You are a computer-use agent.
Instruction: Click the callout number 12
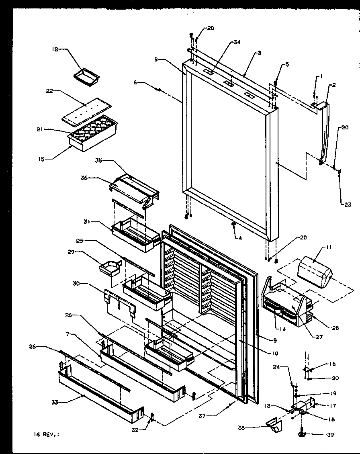[x=54, y=49]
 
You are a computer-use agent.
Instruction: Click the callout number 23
[x=347, y=205]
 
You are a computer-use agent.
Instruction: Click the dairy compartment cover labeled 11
[x=315, y=274]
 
